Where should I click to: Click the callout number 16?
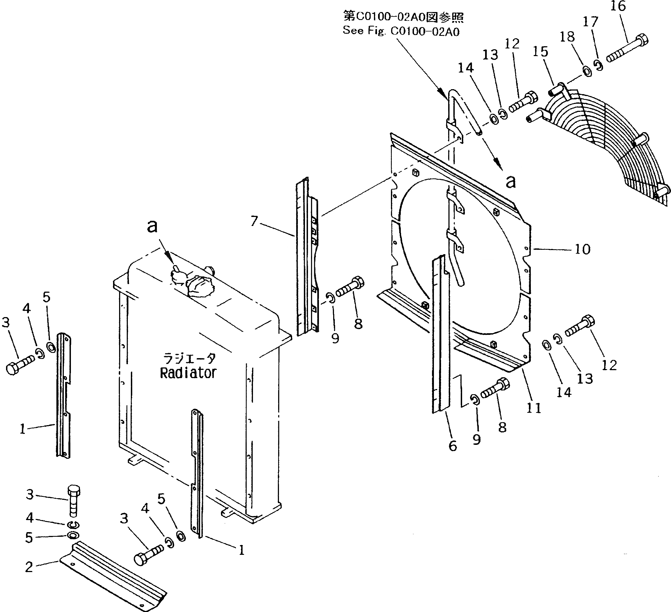(618, 6)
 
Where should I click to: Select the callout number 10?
(583, 249)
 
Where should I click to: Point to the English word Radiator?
(188, 373)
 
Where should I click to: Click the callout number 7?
(254, 221)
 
